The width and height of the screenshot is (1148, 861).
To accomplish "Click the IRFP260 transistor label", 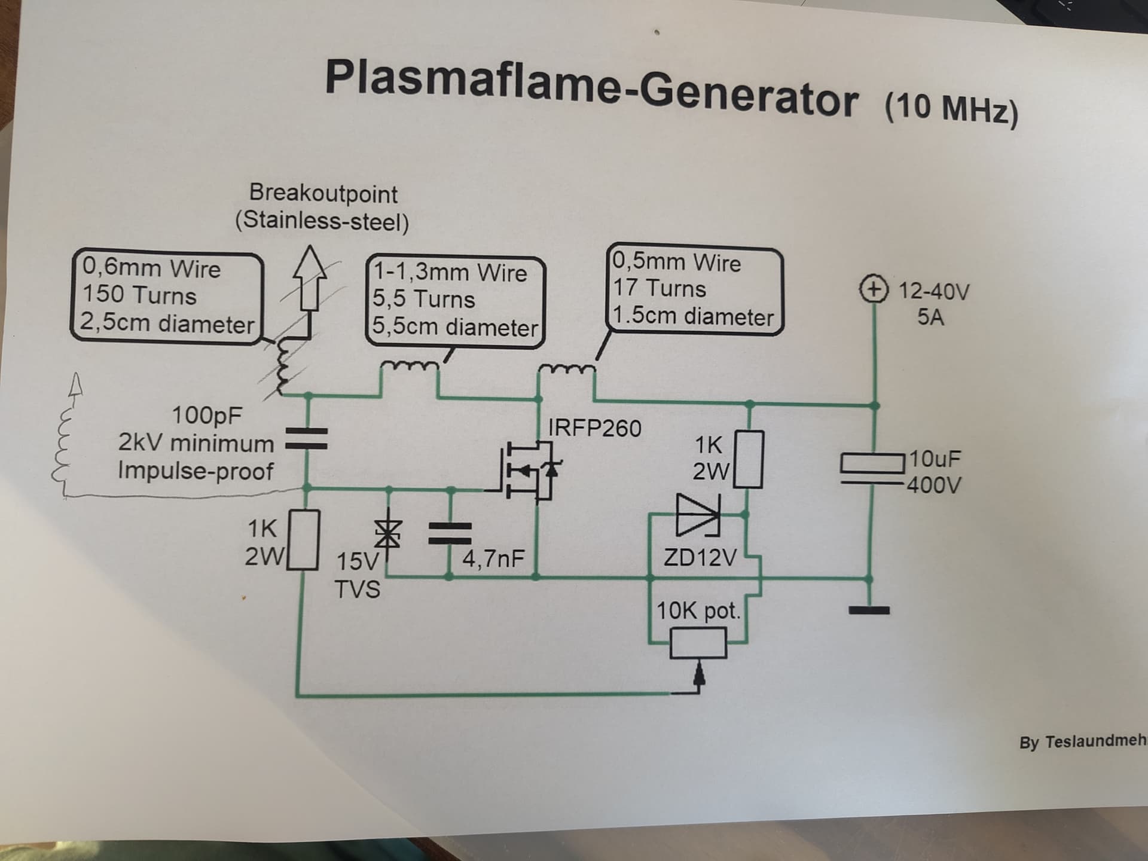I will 594,428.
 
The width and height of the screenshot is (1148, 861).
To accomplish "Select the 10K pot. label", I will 698,611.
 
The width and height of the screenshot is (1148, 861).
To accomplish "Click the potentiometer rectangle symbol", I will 698,643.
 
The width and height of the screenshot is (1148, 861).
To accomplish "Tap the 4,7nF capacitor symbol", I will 450,533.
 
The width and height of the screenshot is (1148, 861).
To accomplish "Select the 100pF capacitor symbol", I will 307,439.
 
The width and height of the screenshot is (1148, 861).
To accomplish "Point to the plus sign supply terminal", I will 874,290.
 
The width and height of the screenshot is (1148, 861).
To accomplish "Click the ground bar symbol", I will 869,610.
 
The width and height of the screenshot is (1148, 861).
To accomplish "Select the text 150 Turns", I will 139,295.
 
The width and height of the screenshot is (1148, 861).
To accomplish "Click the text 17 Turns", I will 660,289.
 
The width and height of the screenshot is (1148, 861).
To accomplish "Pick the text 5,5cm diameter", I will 455,327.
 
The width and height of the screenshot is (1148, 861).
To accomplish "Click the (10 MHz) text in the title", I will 951,108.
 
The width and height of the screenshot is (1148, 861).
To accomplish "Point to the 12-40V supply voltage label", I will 934,292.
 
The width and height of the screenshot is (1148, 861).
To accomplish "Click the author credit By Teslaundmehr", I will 1082,742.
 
